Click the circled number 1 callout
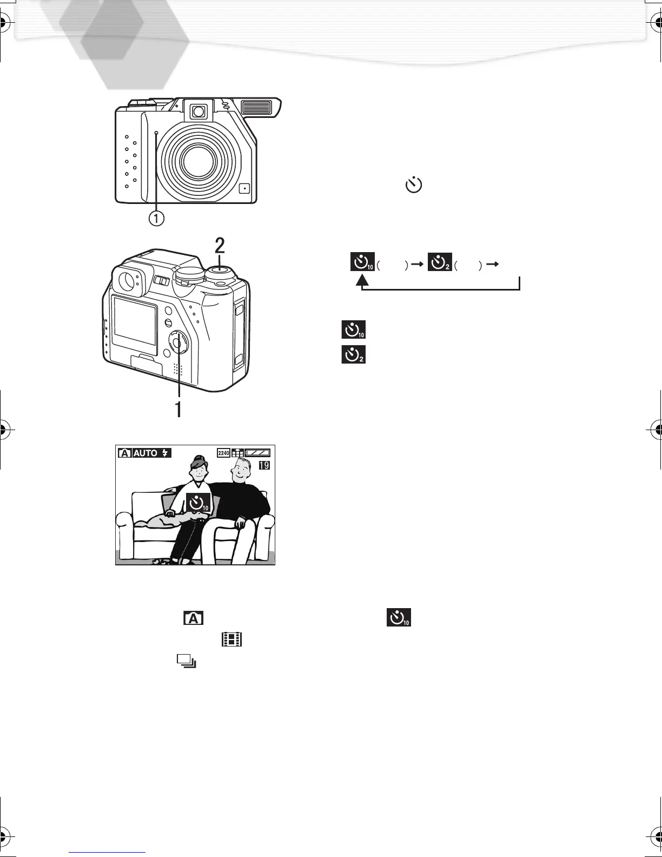coord(156,218)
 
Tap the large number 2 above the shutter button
coord(220,246)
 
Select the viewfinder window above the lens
coord(198,112)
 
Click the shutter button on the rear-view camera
coord(220,269)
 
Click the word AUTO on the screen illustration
coord(145,453)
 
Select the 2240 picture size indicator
coord(224,453)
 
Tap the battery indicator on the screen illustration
coord(257,453)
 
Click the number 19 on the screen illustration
coord(264,465)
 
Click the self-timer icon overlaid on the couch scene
coord(198,503)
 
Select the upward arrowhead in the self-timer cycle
coord(362,280)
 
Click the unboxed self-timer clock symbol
coord(414,185)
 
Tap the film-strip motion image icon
coord(231,641)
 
